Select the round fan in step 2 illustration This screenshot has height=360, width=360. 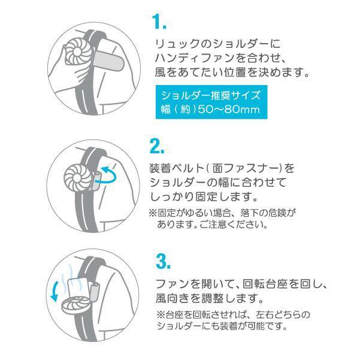coord(76,176)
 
